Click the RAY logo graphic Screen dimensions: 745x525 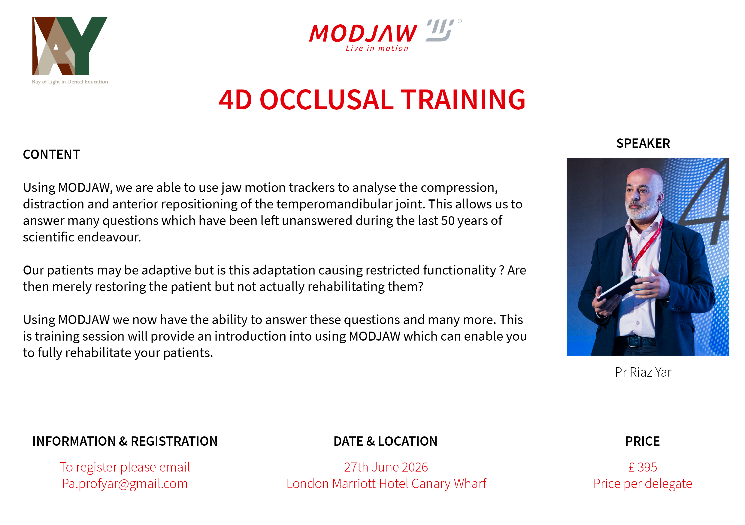pyautogui.click(x=70, y=46)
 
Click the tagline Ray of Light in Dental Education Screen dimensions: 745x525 pyautogui.click(x=70, y=82)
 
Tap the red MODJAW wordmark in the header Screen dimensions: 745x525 pyautogui.click(x=363, y=33)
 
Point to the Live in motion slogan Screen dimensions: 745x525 pyautogui.click(x=377, y=48)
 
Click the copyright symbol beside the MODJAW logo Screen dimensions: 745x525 pyautogui.click(x=459, y=21)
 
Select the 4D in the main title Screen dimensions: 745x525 pyautogui.click(x=235, y=100)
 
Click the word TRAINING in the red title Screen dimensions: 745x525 pyautogui.click(x=463, y=100)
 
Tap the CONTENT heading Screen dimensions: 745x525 pyautogui.click(x=51, y=154)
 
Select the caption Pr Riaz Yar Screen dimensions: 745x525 pyautogui.click(x=643, y=372)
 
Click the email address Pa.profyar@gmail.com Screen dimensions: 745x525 pyautogui.click(x=125, y=484)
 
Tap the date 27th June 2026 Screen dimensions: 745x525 pyautogui.click(x=386, y=467)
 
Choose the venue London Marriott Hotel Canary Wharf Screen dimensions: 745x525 pyautogui.click(x=386, y=484)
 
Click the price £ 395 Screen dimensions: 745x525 pyautogui.click(x=643, y=467)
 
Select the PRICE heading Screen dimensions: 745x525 pyautogui.click(x=643, y=441)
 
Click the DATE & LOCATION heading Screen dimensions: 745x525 pyautogui.click(x=386, y=441)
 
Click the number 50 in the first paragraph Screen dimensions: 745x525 pyautogui.click(x=448, y=221)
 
